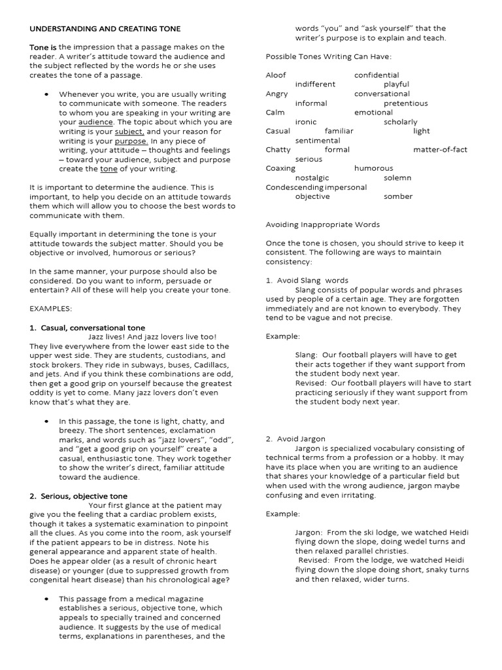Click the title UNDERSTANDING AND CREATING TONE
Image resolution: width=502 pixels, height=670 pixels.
105,29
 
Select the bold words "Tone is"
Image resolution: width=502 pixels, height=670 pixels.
44,47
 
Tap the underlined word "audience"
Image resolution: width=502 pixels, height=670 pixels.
95,122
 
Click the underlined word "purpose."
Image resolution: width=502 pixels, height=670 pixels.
131,141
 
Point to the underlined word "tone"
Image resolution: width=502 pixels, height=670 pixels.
109,169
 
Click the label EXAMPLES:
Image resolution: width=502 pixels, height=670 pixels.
51,308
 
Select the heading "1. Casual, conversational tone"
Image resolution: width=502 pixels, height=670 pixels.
88,327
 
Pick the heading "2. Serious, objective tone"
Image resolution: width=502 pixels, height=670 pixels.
78,496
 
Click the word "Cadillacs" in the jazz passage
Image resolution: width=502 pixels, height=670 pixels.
203,364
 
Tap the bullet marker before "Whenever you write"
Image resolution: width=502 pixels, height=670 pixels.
46,94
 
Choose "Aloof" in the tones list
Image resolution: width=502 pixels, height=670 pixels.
276,75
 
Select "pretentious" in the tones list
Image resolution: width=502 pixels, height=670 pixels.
405,103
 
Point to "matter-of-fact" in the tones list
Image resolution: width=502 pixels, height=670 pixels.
440,150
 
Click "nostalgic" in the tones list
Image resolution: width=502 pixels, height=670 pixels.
312,178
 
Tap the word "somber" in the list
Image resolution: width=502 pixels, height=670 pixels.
398,196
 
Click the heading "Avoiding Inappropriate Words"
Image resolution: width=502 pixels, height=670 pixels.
322,224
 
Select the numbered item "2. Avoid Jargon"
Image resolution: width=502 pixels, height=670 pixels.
295,439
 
